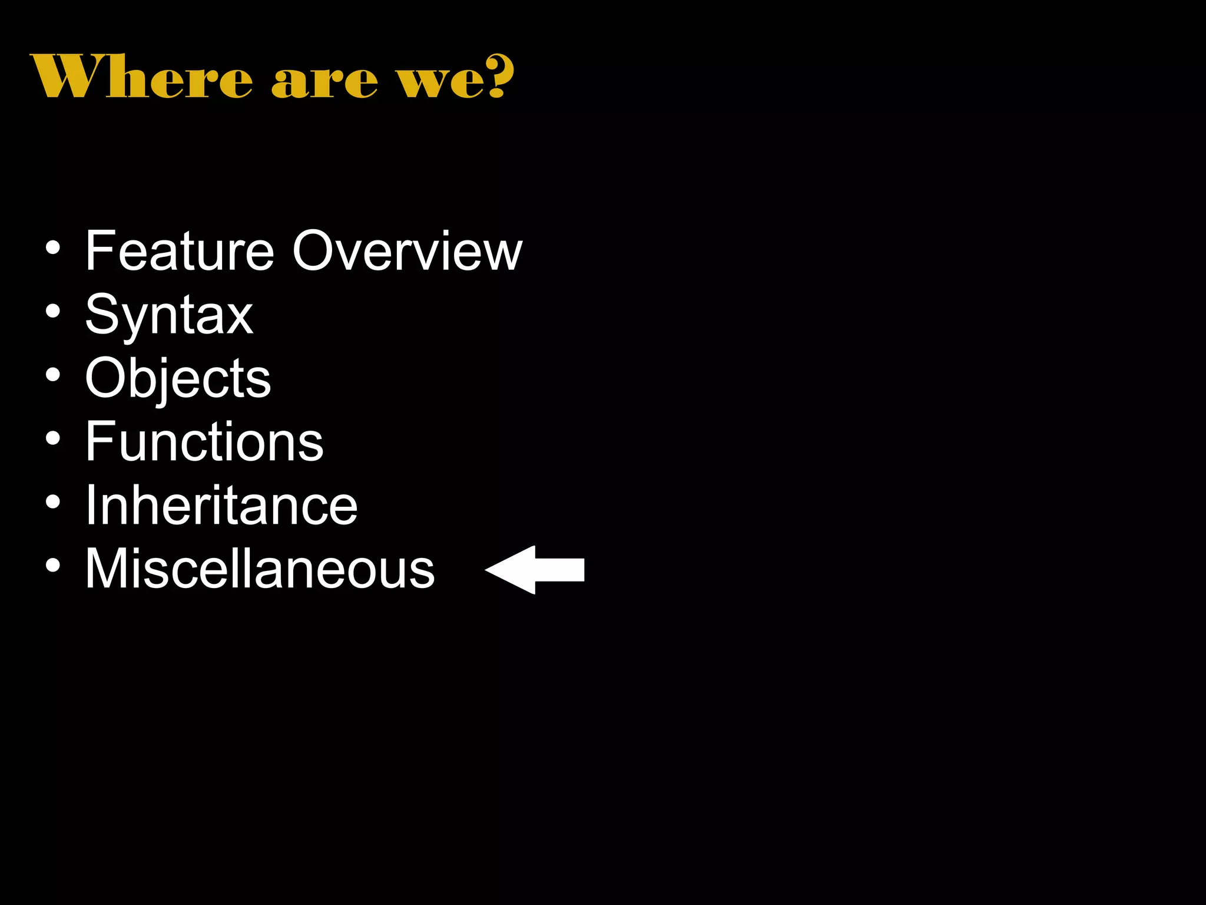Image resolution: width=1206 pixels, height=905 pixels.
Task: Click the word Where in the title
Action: coord(141,77)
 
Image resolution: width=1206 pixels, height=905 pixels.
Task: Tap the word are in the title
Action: coord(324,81)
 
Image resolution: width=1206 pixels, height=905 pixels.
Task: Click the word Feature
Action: coord(180,251)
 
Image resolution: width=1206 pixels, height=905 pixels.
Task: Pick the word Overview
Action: coord(407,251)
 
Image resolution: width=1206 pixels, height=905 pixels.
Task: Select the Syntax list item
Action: coord(169,315)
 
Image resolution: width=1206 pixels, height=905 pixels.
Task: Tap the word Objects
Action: coord(178,378)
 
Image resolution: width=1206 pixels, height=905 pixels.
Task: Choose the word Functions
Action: coord(204,442)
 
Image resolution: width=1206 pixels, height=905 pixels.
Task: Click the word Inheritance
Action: coord(221,506)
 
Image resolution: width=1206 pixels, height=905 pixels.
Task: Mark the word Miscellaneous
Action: coord(260,569)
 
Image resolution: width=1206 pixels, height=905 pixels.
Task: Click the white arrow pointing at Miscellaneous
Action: coord(535,570)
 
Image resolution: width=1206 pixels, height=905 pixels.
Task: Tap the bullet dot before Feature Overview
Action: coord(53,248)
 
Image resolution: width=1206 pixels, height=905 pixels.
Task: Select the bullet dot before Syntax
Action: coord(53,311)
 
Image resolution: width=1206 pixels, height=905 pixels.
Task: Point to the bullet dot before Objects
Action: coord(53,375)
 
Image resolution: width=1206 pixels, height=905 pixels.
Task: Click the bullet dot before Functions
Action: coord(53,438)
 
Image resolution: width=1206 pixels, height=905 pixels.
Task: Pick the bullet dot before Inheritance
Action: coord(53,502)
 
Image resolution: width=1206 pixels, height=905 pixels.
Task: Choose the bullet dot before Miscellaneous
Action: coord(53,565)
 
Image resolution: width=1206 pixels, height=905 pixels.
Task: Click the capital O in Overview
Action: coord(317,251)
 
